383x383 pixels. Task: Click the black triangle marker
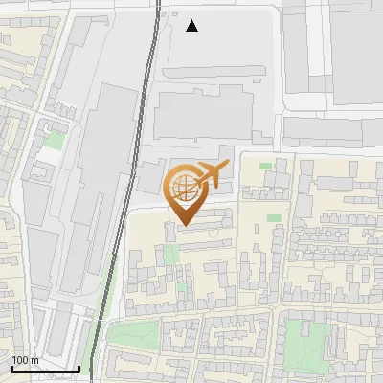[192, 26]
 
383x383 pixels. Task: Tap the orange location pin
[185, 195]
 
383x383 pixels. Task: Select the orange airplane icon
[212, 175]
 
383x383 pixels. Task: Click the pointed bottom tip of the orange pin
[185, 225]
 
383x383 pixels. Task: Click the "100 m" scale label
[25, 360]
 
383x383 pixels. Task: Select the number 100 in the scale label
[20, 360]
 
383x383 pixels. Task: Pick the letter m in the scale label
[34, 360]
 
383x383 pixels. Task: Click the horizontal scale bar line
[44, 369]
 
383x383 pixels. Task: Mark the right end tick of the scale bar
[79, 367]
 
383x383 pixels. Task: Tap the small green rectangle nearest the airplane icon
[265, 165]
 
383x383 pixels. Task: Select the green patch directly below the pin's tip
[172, 255]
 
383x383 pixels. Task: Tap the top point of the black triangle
[192, 20]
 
